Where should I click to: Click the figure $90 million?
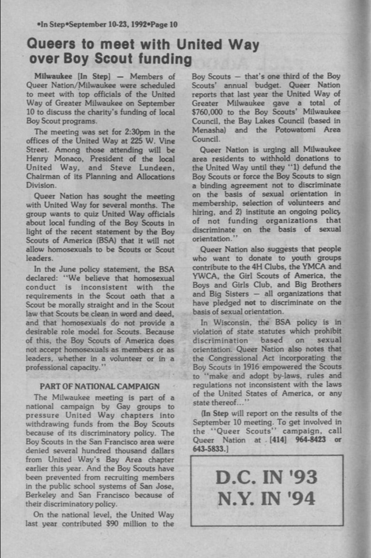(x=129, y=524)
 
